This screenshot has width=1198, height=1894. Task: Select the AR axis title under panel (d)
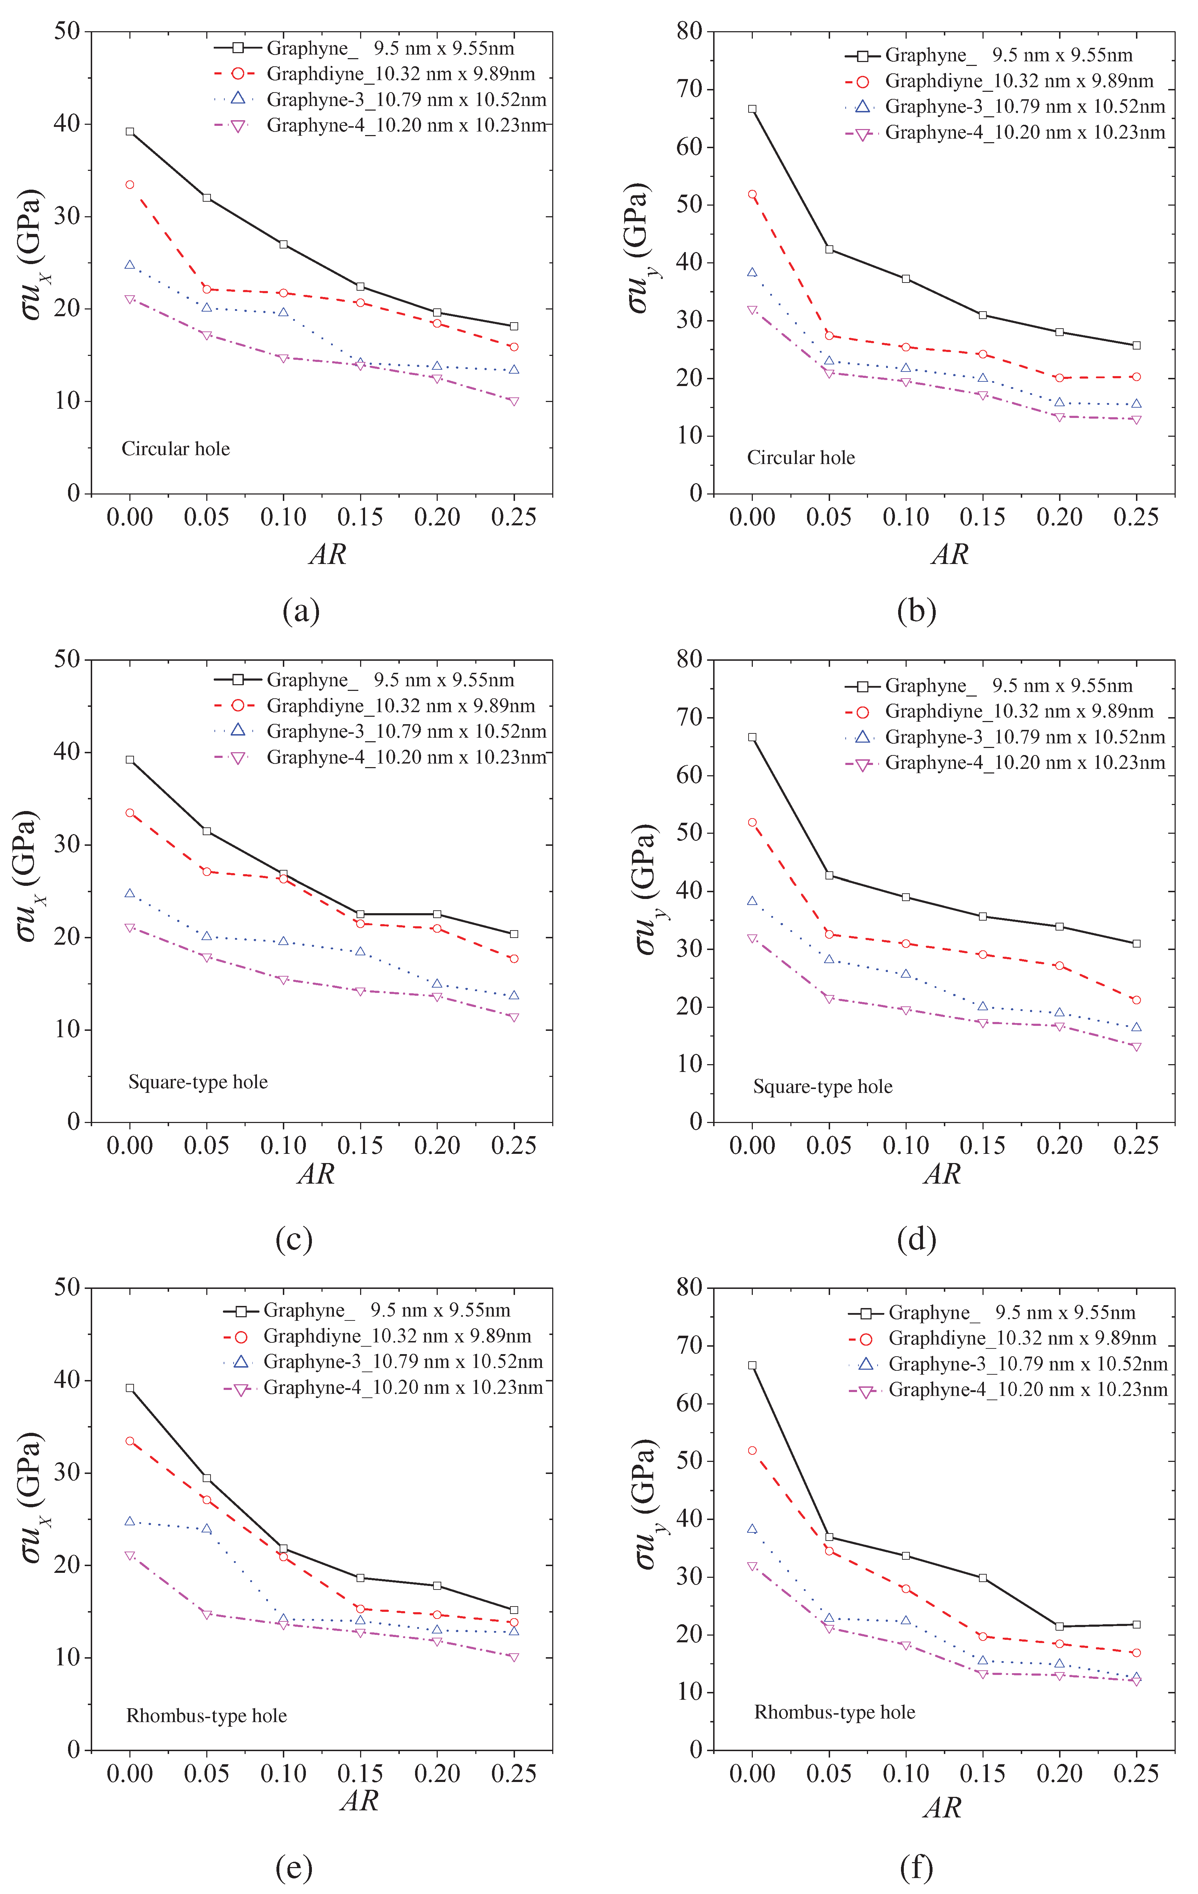tap(942, 1174)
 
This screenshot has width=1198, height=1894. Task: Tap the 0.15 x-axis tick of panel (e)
tap(360, 1774)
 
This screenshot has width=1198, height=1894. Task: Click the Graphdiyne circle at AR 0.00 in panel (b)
tap(752, 194)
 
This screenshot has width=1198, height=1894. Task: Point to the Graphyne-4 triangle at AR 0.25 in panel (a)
tap(514, 402)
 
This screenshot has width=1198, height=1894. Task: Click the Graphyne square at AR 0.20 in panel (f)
tap(1059, 1627)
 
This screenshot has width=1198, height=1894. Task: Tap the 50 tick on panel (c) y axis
tap(68, 659)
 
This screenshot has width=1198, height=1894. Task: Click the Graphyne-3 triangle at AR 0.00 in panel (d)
tap(752, 901)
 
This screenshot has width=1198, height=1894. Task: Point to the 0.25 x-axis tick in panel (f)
tap(1136, 1774)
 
